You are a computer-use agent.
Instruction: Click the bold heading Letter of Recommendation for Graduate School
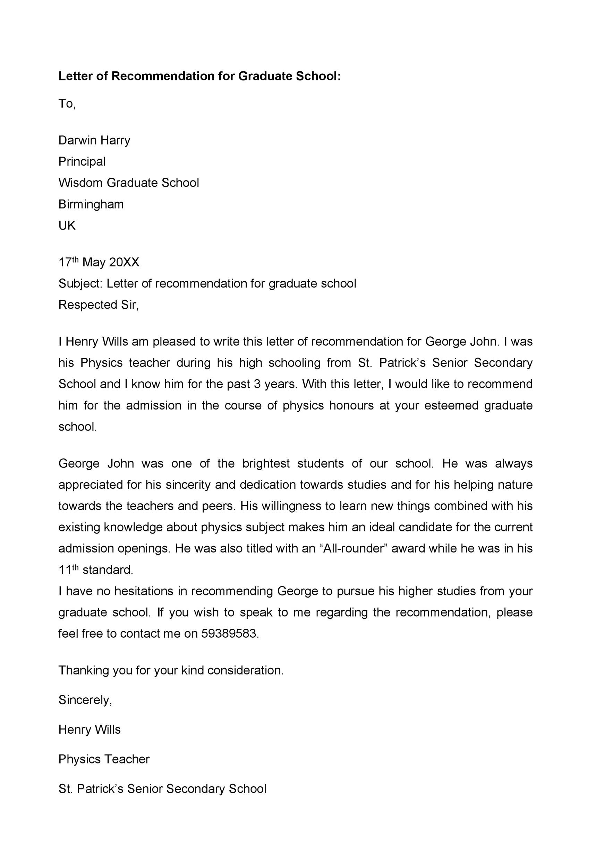pos(199,76)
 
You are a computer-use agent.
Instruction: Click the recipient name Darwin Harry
pos(94,140)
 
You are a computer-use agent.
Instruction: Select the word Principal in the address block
pos(82,161)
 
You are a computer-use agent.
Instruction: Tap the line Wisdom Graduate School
pos(128,183)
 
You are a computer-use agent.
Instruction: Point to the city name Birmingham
pos(91,204)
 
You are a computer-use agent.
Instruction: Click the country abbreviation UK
pos(67,226)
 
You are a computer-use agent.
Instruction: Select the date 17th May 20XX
pos(99,262)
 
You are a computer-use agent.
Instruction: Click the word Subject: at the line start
pos(80,283)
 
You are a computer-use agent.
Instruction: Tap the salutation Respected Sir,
pos(99,304)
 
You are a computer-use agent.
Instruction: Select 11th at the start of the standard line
pos(68,569)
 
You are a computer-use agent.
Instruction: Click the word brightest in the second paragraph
pos(266,463)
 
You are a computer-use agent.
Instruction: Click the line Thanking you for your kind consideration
pos(171,670)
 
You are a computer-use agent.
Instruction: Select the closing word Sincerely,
pos(85,700)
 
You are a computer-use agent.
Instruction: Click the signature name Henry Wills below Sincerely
pos(90,730)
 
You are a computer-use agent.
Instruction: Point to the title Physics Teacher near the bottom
pos(104,759)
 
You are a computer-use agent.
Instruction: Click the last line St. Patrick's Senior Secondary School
pos(162,789)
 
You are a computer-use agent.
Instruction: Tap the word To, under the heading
pos(67,103)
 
